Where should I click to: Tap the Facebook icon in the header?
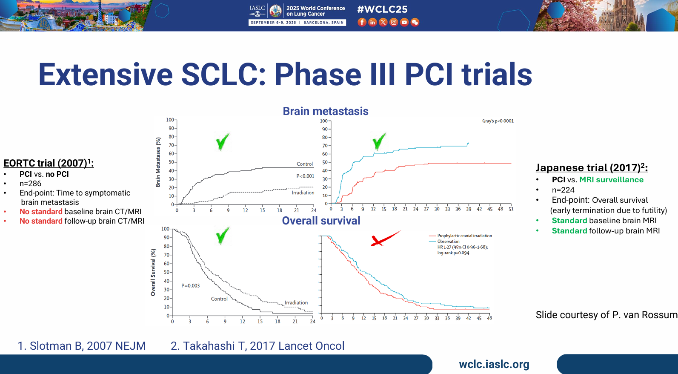pyautogui.click(x=362, y=22)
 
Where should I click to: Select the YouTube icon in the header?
pyautogui.click(x=404, y=22)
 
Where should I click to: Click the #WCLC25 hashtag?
pyautogui.click(x=382, y=9)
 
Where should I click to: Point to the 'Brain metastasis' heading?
pyautogui.click(x=326, y=111)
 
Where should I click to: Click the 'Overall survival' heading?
pyautogui.click(x=321, y=221)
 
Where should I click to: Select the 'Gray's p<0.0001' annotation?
pyautogui.click(x=498, y=121)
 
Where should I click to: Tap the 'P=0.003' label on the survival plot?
pyautogui.click(x=190, y=285)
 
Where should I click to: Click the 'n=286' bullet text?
pyautogui.click(x=30, y=184)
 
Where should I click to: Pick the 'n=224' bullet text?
pyautogui.click(x=563, y=190)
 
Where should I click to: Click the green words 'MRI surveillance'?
pyautogui.click(x=612, y=180)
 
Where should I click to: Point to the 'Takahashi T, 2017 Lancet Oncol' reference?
pyautogui.click(x=257, y=346)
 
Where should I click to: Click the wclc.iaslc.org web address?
pyautogui.click(x=494, y=364)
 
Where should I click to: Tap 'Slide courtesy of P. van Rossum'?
pyautogui.click(x=606, y=315)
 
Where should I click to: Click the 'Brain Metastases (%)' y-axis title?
pyautogui.click(x=158, y=162)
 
